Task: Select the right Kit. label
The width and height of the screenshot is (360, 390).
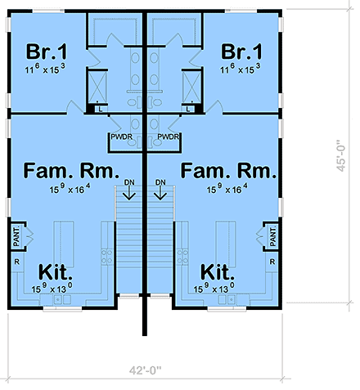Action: coord(218,271)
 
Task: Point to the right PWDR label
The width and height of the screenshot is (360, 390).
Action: coord(169,137)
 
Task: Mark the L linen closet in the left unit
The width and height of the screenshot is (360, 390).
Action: coord(99,108)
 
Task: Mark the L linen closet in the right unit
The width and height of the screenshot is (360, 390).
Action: coord(190,108)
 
